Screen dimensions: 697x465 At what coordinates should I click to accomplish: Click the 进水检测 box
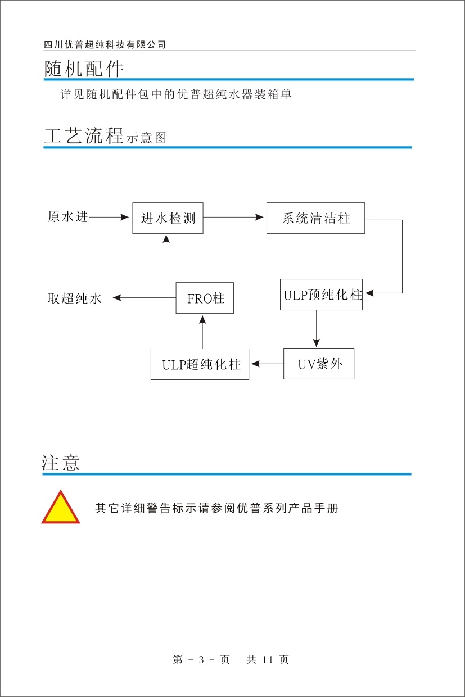click(x=168, y=218)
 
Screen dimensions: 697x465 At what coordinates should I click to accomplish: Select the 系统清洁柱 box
click(x=315, y=218)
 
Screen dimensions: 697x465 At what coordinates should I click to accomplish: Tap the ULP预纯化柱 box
click(x=321, y=295)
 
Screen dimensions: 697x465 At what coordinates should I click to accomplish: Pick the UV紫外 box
click(x=318, y=364)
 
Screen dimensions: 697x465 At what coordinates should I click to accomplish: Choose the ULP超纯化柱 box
click(x=200, y=364)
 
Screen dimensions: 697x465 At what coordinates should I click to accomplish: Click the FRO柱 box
click(x=205, y=298)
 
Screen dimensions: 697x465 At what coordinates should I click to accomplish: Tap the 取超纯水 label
click(x=74, y=298)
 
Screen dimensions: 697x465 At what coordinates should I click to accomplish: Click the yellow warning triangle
click(x=60, y=508)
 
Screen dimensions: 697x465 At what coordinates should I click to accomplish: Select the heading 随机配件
click(x=84, y=69)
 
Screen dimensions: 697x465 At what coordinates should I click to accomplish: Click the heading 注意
click(x=61, y=463)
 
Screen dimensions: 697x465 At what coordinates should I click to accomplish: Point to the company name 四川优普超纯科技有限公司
click(x=105, y=45)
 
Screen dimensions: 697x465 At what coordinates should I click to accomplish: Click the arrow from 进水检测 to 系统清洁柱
click(x=234, y=217)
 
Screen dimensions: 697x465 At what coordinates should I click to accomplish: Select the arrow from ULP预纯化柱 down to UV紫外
click(x=316, y=328)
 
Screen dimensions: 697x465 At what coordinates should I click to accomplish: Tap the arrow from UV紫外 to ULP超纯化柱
click(x=267, y=364)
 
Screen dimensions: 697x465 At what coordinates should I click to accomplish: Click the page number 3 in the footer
click(x=201, y=660)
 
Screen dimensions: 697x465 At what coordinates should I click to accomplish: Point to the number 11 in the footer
click(x=267, y=660)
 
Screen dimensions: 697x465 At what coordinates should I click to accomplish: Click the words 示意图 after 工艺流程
click(x=146, y=138)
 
